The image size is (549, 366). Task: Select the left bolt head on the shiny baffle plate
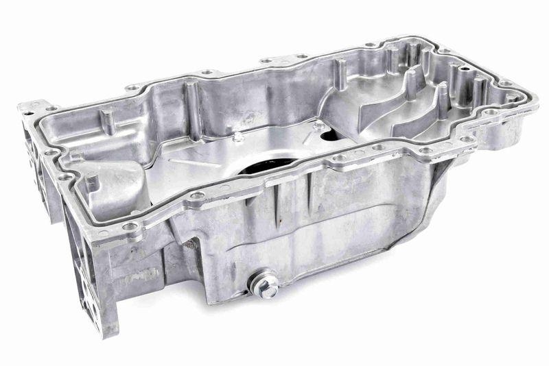(238, 137)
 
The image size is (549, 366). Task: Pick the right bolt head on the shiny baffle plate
(318, 127)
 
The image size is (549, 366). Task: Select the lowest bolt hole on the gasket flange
(130, 225)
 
